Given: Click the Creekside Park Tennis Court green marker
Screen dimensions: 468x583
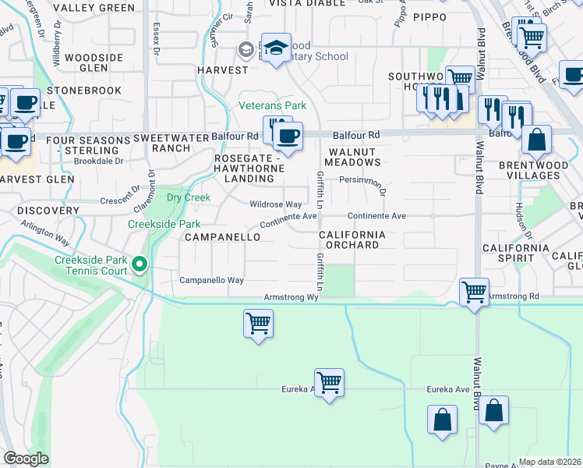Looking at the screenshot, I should click(140, 266).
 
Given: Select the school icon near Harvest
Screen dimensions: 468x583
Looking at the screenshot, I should click(276, 48).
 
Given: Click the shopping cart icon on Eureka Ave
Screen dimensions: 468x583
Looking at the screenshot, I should click(330, 383).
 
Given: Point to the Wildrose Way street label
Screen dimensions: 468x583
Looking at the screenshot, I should click(275, 204).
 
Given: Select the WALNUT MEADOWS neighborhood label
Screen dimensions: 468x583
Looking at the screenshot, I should click(355, 157).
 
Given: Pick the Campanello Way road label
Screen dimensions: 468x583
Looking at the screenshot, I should click(212, 280).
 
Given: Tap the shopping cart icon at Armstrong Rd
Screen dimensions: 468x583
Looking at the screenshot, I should click(474, 293).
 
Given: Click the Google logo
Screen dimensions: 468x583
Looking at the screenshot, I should click(26, 459).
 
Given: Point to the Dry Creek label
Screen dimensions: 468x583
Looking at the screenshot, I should click(189, 197).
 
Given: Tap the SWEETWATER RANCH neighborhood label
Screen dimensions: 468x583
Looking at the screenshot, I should click(161, 143).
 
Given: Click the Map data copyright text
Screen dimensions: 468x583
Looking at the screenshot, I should click(550, 462).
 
